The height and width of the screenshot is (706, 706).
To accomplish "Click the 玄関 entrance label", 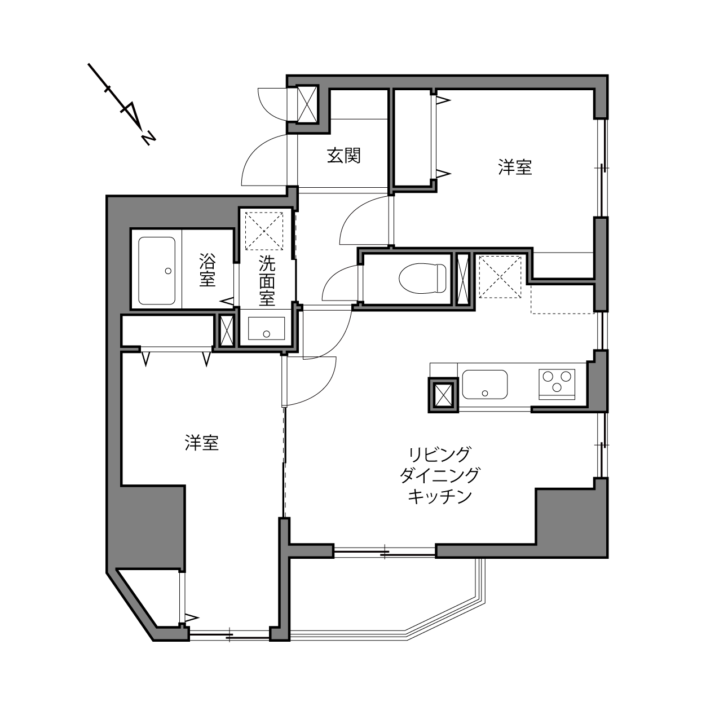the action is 343,155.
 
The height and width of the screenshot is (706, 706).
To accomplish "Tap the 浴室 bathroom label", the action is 208,270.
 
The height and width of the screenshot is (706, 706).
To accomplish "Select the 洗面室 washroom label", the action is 267,281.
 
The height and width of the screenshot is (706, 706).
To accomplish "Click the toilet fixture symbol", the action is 422,279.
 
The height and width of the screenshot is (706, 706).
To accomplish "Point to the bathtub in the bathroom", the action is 157,271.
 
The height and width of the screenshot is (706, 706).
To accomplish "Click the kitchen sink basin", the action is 485,385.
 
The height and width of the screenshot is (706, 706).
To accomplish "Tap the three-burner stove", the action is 557,384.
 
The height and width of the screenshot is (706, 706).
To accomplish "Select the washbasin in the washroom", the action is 266,328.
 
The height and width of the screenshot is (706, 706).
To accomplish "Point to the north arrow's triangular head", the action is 132,114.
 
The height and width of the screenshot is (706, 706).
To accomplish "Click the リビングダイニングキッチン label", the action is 440,476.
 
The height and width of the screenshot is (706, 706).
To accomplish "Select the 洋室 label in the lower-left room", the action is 201,443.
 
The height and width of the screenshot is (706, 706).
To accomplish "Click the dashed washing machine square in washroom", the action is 264,231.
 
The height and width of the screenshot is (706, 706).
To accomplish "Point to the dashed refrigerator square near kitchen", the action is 500,277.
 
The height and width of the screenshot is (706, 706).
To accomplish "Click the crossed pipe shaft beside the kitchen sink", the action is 443,395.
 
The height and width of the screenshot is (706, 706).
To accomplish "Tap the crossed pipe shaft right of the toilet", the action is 463,279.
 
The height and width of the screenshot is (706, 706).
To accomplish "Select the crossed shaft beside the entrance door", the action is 307,104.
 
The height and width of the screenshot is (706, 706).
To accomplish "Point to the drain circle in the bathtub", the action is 168,271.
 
